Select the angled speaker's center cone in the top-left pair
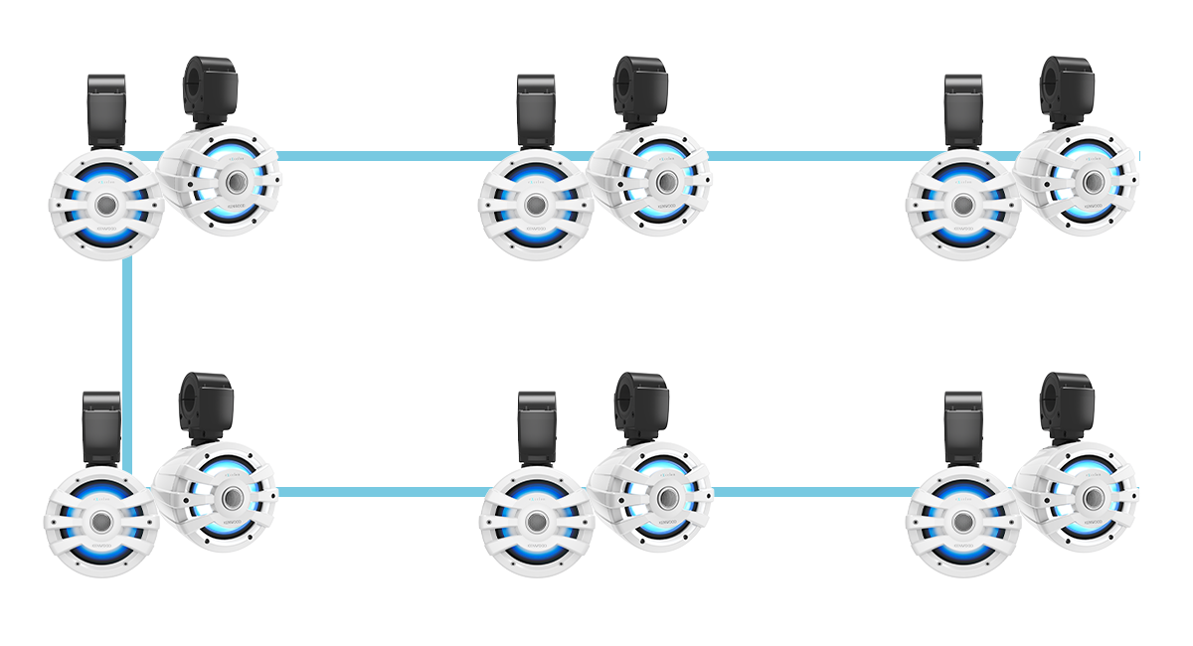pos(236,182)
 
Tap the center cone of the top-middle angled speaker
pos(664,182)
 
